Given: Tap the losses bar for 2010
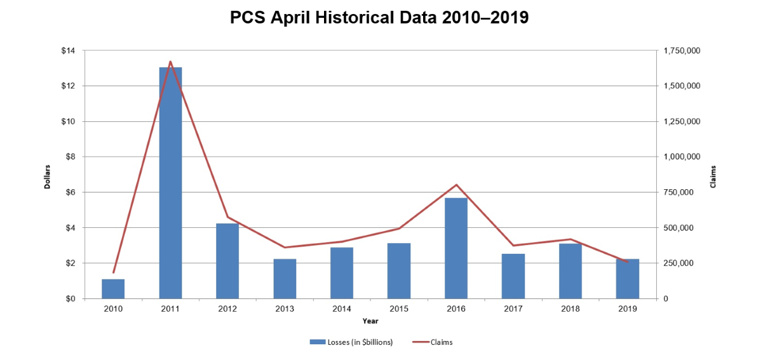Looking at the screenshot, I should point(113,289).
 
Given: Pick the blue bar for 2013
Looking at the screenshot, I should point(285,279).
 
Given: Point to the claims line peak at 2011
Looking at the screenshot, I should point(170,62).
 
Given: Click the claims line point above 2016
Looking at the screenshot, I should point(456,185).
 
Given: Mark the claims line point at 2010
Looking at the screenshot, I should point(114,273).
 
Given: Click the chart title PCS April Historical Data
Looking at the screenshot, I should point(379,18).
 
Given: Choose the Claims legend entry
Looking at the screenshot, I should point(431,342).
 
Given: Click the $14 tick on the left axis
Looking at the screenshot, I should point(68,51).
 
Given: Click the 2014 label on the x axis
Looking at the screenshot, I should point(342,309).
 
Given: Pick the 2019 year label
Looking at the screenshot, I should point(628,309).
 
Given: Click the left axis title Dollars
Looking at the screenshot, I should point(47,176).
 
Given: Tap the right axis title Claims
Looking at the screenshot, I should point(713,176).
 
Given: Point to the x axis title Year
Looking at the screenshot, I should point(370,321).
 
